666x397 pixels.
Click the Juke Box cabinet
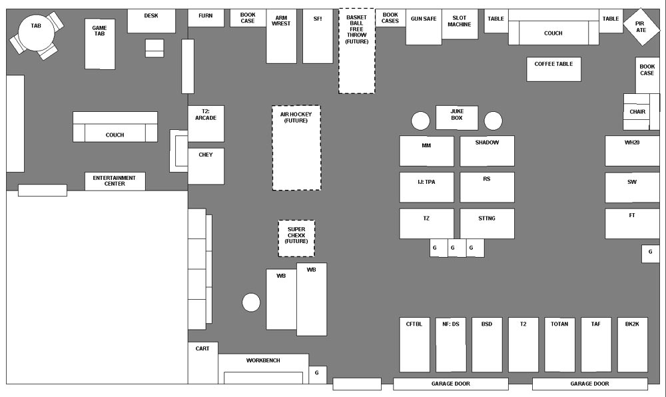[x=456, y=118]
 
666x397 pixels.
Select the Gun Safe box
[x=424, y=27]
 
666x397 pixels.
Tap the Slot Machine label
[x=460, y=22]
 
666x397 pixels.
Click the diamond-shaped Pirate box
[x=641, y=27]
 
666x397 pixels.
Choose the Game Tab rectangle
[x=100, y=43]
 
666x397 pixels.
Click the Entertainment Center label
[x=115, y=181]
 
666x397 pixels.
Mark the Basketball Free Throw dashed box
[x=357, y=51]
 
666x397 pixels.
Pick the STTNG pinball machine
[x=487, y=224]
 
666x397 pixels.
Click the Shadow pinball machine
[x=487, y=151]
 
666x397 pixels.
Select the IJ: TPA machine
[x=426, y=187]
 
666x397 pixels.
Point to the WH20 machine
[x=632, y=151]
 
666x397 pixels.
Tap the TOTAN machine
[x=559, y=344]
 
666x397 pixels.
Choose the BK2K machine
[x=632, y=344]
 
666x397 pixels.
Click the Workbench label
[x=263, y=360]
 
